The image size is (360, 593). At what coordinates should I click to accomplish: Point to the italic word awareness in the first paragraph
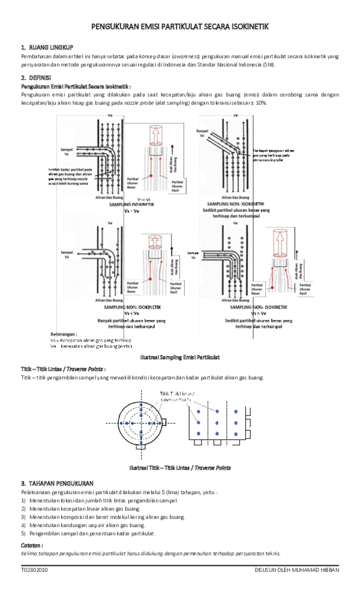click(x=187, y=56)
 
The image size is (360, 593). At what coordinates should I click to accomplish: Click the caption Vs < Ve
click(x=132, y=313)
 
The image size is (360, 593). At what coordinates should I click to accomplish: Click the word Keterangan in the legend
click(x=63, y=334)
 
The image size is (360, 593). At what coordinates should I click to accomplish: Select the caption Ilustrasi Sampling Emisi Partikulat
click(x=179, y=357)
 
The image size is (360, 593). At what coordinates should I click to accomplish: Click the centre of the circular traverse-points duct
click(x=140, y=422)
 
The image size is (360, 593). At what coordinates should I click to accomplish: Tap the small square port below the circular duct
click(x=140, y=447)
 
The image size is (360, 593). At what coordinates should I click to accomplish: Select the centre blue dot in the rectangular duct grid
click(x=215, y=423)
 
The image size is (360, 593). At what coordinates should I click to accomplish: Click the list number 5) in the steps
click(x=23, y=533)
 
